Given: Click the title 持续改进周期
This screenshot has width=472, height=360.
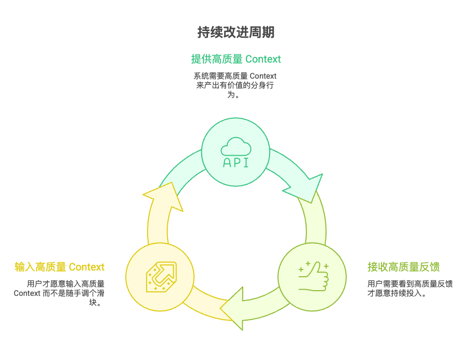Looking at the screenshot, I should pos(235,33).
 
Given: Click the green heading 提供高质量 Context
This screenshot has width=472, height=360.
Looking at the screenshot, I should pos(235,58).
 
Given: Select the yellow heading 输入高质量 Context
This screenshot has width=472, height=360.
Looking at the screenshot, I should pos(60,267).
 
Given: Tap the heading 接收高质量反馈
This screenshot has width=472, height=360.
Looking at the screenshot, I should pos(404,267).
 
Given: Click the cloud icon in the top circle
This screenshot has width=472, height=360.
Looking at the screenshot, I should pos(235,147).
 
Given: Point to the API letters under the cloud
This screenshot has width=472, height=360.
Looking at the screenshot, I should pos(235,163).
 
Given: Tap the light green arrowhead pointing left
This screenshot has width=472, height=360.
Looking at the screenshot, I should pos(233,309).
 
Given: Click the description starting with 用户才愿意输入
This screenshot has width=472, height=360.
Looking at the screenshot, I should pos(60,293).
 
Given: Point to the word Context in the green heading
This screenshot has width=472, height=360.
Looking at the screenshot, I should pos(263,58).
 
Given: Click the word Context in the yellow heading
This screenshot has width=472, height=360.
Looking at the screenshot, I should pos(86,267).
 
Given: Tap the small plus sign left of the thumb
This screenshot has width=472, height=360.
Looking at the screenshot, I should pos(301,269).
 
